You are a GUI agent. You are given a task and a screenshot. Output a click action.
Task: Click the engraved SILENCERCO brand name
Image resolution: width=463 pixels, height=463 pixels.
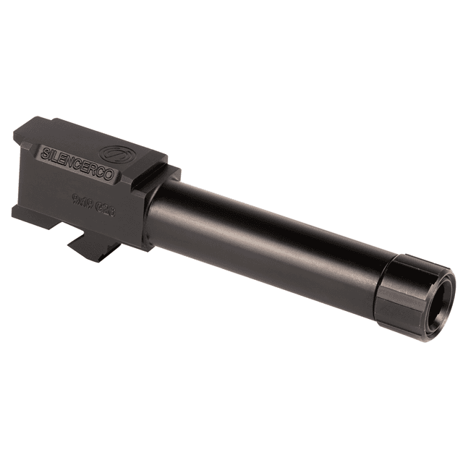[71, 148]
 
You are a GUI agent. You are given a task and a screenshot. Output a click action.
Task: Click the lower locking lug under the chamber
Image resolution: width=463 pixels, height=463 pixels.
[93, 246]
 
